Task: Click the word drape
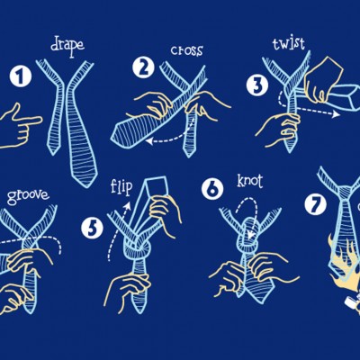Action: (x=67, y=47)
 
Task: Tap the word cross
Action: (x=186, y=50)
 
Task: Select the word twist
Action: (x=289, y=44)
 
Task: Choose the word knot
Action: (x=250, y=181)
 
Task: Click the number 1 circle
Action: (x=21, y=76)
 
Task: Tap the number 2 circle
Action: (x=144, y=67)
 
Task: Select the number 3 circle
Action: (x=257, y=85)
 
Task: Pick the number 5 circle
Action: (x=92, y=228)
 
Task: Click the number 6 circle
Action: (x=212, y=188)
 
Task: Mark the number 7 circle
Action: (x=315, y=204)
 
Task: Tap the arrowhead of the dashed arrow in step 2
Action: (x=150, y=141)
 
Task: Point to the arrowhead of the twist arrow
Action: (x=336, y=114)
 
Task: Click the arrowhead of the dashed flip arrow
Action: (x=128, y=205)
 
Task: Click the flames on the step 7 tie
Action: (x=344, y=264)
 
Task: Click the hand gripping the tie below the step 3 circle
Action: (x=279, y=129)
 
